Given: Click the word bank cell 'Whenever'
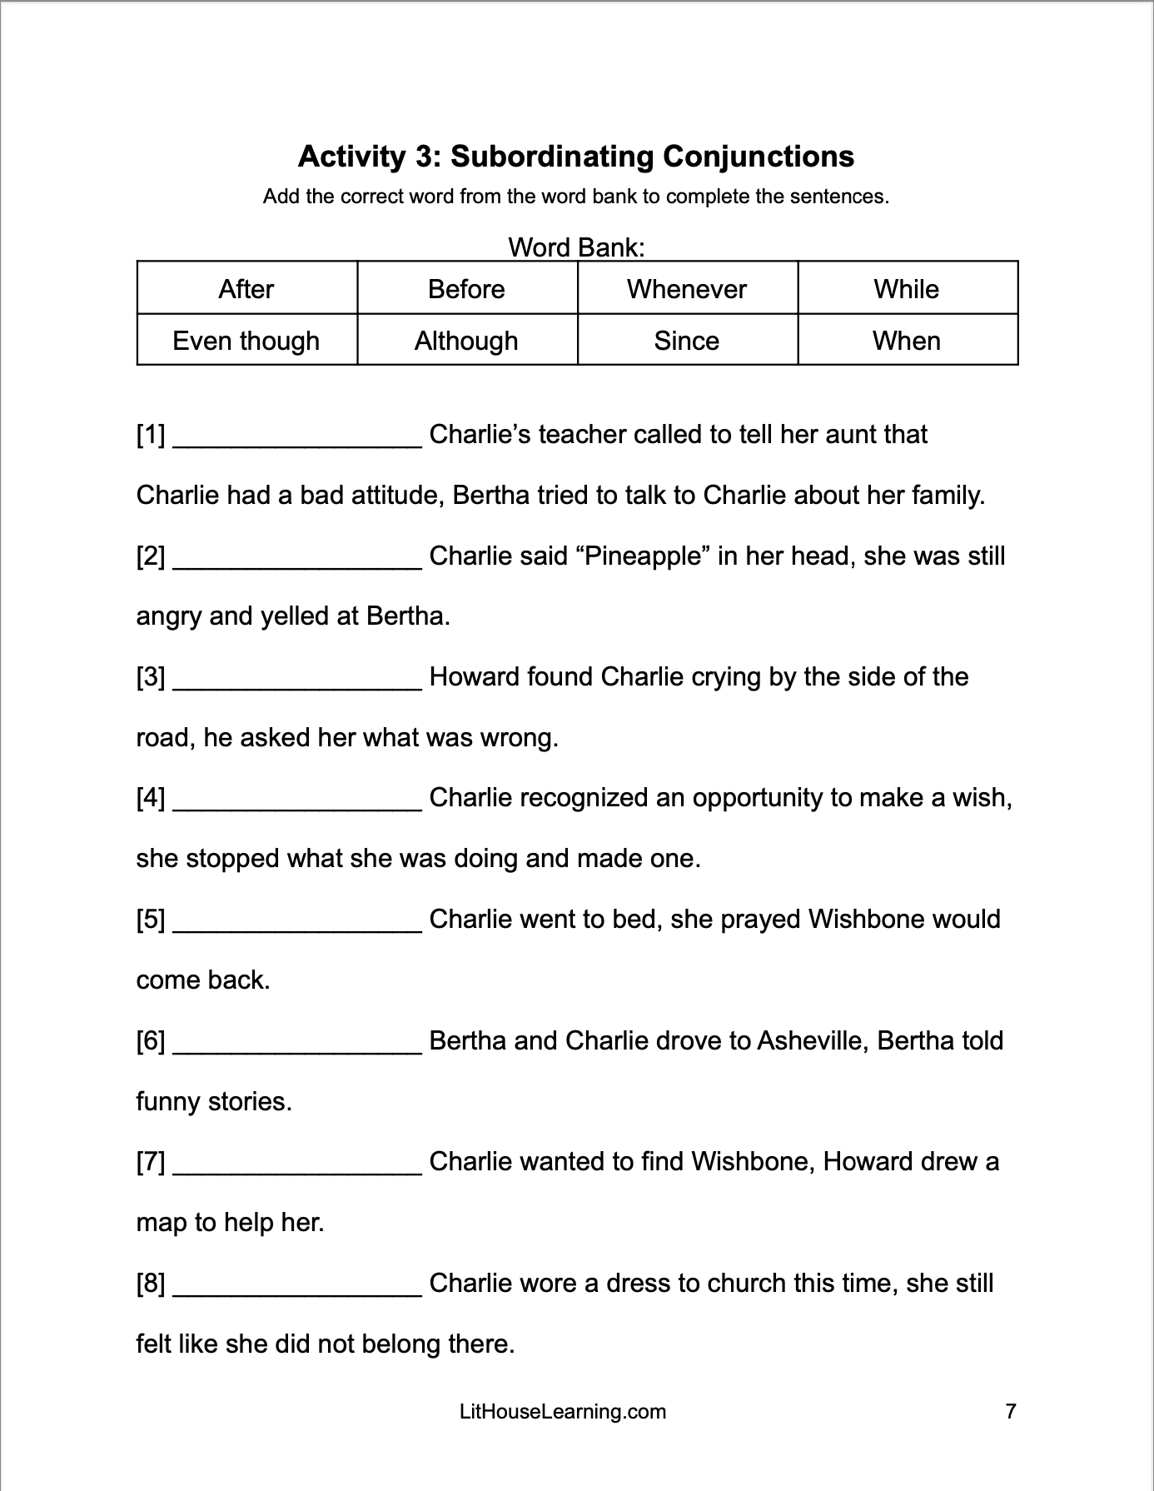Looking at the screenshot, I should (x=687, y=289).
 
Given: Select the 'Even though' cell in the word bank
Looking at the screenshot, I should (x=246, y=341).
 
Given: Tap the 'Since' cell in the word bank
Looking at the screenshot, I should (x=687, y=341).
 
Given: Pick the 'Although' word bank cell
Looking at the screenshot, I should (x=466, y=341).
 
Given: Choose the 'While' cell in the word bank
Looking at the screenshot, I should (x=907, y=289).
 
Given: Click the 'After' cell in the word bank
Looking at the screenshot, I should (x=246, y=289).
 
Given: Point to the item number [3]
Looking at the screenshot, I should (x=151, y=677).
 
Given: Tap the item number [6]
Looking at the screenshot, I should (x=151, y=1041).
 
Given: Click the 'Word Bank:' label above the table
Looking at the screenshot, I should (x=576, y=247).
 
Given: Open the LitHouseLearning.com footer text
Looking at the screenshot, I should (x=563, y=1412).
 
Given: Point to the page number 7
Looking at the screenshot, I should (x=1011, y=1412).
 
